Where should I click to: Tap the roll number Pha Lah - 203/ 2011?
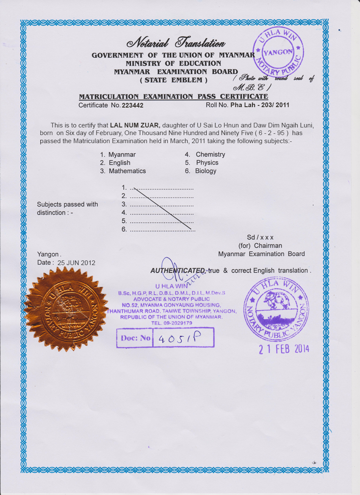point(260,105)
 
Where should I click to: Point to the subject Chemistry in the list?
point(210,155)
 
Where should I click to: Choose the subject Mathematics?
point(127,171)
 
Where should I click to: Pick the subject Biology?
point(205,171)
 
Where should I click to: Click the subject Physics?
point(207,163)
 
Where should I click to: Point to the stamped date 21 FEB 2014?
point(284,349)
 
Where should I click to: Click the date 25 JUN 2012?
point(76,263)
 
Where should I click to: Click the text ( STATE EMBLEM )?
point(174,80)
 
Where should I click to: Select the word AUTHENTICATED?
point(178,270)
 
